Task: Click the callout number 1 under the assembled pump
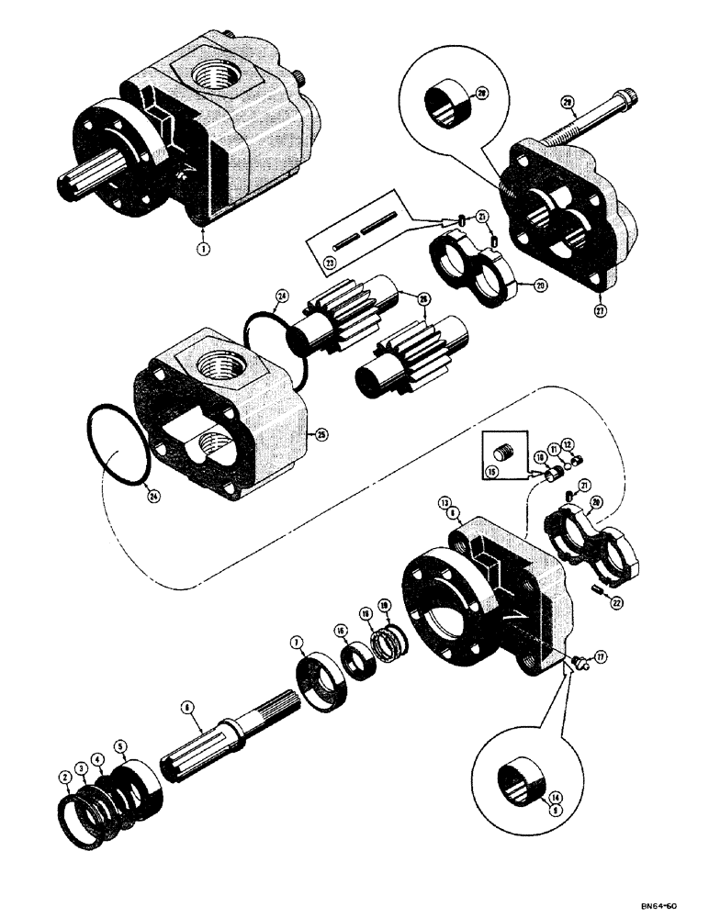pos(203,247)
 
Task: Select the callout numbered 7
pos(299,647)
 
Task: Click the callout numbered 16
pos(342,631)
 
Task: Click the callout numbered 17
pos(602,657)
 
